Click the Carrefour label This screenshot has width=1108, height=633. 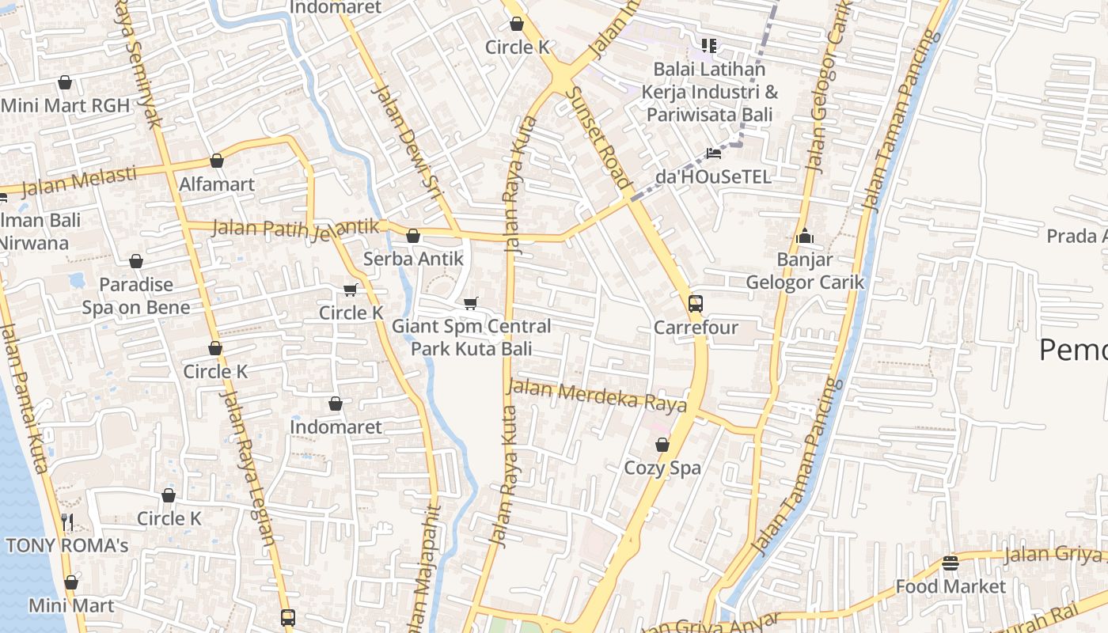tap(696, 328)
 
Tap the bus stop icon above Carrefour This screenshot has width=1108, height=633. tap(695, 303)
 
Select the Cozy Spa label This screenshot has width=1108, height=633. tap(662, 468)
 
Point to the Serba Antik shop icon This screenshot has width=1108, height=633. tap(412, 236)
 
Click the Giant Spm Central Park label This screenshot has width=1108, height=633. tap(471, 337)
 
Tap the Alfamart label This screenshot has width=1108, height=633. tap(217, 184)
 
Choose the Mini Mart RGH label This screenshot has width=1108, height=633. tap(65, 105)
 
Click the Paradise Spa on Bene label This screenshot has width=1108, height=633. tap(136, 296)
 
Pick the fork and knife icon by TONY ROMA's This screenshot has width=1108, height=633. tap(67, 521)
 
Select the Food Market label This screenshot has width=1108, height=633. tap(950, 586)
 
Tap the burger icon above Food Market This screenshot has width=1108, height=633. tap(951, 563)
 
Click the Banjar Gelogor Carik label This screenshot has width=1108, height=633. tap(805, 271)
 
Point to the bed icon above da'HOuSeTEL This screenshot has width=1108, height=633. tap(713, 153)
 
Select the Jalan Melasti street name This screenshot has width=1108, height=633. tap(78, 181)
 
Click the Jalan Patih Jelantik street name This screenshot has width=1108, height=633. tap(296, 229)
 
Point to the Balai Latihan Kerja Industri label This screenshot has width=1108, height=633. tap(708, 92)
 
